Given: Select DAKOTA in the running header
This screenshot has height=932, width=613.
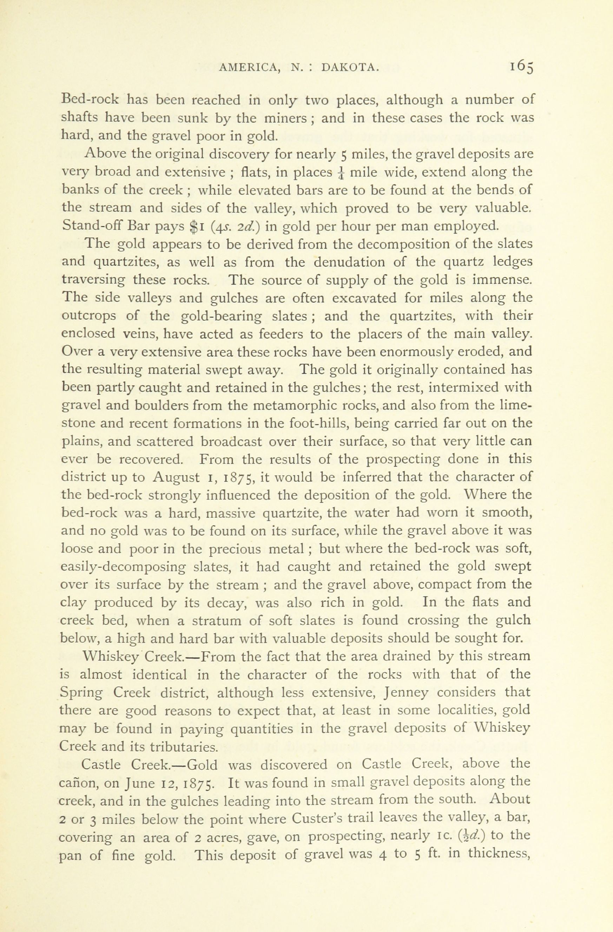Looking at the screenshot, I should pos(350,68).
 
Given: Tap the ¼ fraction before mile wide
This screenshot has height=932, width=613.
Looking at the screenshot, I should pos(342,173).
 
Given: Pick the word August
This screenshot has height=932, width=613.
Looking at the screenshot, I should pos(176,477).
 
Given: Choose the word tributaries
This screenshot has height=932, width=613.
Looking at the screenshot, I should pos(184,747).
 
